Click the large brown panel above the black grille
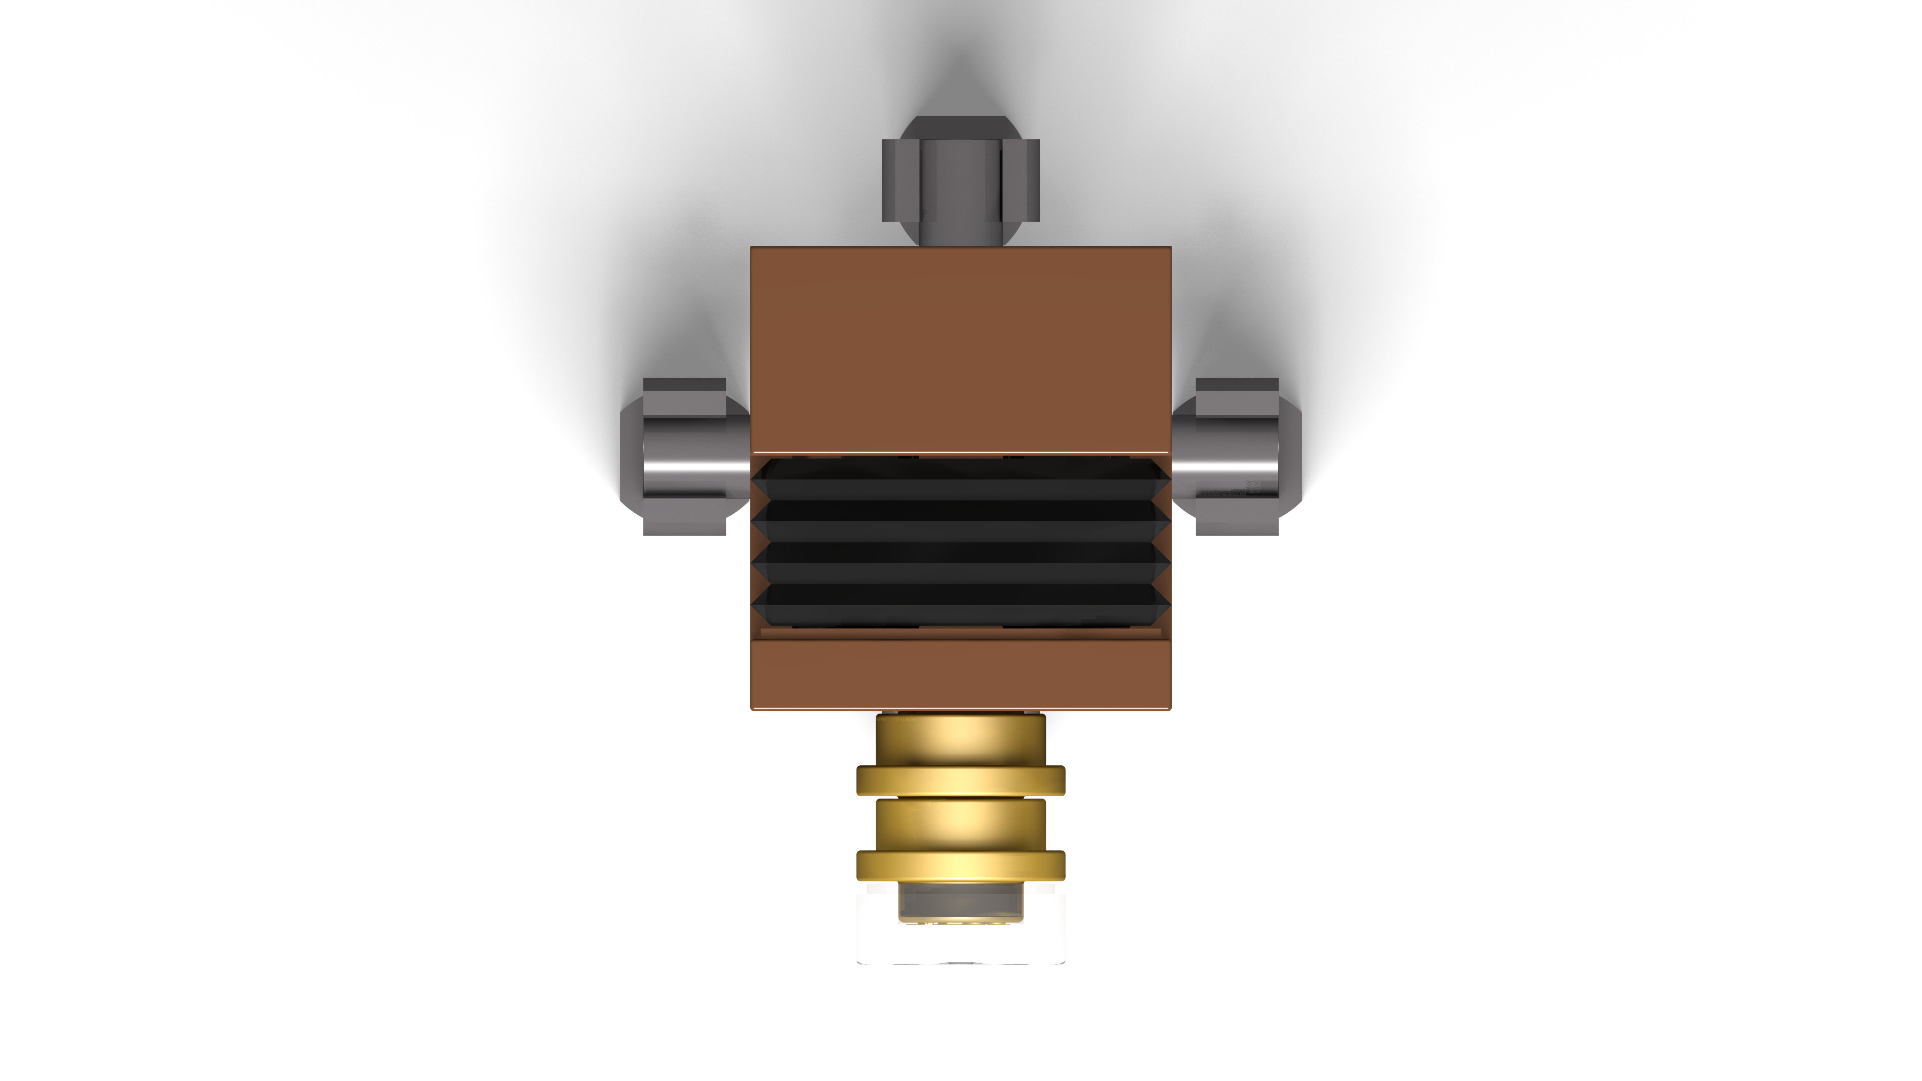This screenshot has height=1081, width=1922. click(x=960, y=350)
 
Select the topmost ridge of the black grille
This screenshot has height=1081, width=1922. click(x=960, y=478)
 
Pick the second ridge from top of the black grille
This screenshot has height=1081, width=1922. click(x=960, y=520)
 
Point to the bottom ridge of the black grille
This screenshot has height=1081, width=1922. click(x=960, y=604)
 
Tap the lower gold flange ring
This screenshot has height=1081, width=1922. click(x=960, y=865)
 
